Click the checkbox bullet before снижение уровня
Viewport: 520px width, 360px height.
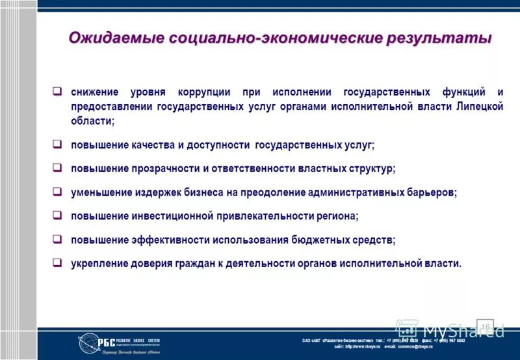[57, 92]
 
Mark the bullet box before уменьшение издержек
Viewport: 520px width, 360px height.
[57, 192]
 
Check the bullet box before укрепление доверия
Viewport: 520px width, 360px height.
[57, 263]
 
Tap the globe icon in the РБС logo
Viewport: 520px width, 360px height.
[88, 343]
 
